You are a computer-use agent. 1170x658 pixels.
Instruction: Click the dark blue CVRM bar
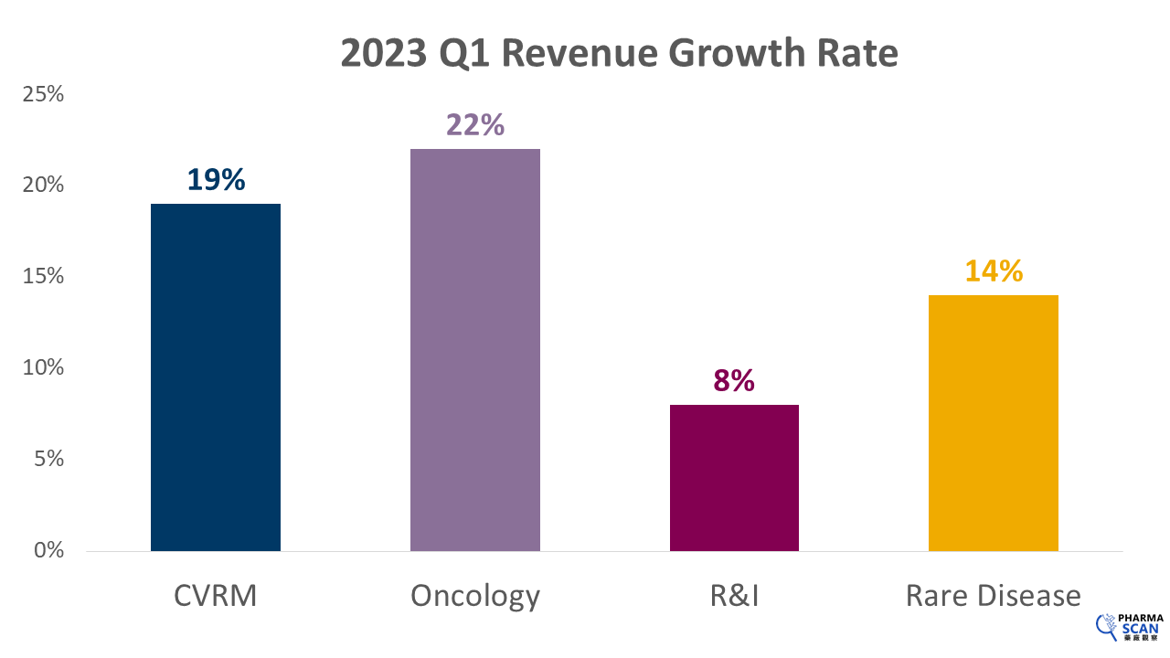[x=216, y=377]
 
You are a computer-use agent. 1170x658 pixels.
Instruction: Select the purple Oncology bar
[x=474, y=349]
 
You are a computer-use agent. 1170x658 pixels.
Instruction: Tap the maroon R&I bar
[x=734, y=477]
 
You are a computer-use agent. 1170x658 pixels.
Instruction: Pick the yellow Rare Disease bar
[x=994, y=422]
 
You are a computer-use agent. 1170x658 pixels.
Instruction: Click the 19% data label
[x=217, y=179]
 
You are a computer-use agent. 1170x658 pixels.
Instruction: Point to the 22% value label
[x=475, y=124]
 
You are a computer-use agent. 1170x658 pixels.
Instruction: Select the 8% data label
[x=734, y=380]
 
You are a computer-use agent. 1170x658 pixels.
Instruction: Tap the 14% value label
[x=994, y=271]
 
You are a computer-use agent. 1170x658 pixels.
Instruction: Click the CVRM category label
[x=216, y=596]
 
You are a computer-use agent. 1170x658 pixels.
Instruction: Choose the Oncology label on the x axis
[x=475, y=596]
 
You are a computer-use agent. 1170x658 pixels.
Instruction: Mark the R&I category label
[x=734, y=596]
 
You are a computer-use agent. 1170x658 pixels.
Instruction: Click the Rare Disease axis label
[x=994, y=596]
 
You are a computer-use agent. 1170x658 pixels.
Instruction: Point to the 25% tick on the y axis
[x=42, y=94]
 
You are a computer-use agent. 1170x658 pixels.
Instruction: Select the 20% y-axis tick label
[x=42, y=186]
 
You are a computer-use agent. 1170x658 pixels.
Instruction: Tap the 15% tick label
[x=42, y=277]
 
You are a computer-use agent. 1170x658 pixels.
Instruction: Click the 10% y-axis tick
[x=42, y=368]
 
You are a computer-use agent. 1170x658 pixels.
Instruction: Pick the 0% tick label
[x=48, y=551]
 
